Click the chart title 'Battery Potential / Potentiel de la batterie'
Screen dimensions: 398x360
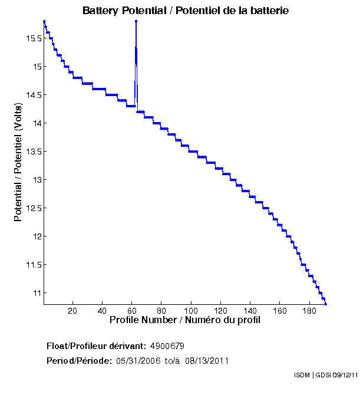click(x=186, y=11)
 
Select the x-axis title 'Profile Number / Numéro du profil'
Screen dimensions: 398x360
click(x=185, y=320)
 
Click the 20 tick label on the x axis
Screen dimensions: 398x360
click(x=72, y=311)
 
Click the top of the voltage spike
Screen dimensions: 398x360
click(x=136, y=21)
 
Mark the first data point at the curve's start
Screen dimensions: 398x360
click(x=44, y=21)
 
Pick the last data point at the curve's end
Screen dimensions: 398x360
click(x=326, y=304)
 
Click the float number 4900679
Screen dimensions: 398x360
click(x=171, y=346)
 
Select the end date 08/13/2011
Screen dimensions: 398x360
click(x=207, y=361)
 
